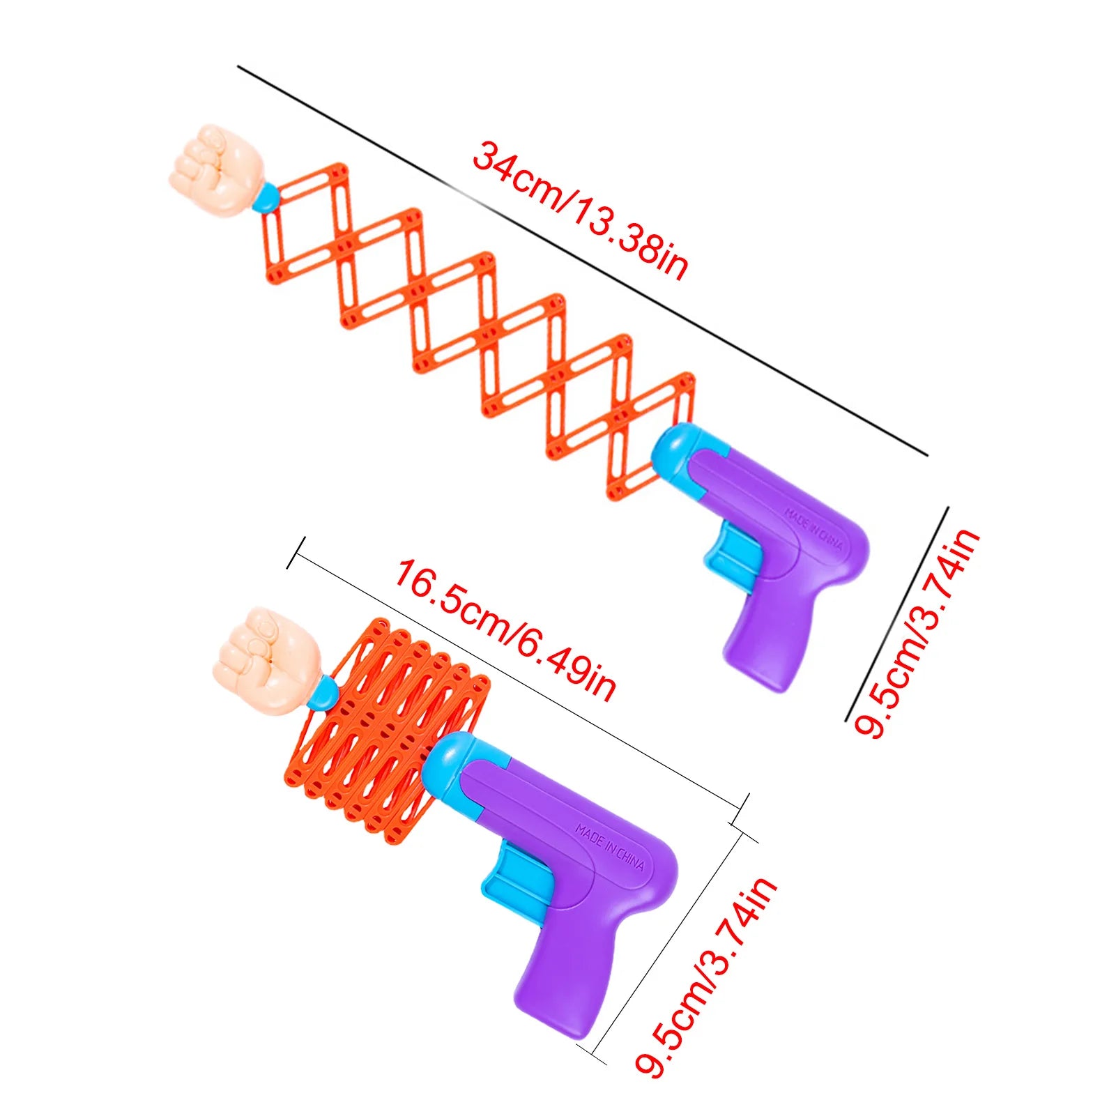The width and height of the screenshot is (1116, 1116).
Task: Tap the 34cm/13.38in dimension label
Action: pos(581,210)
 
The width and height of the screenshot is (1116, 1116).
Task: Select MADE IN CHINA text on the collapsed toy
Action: pos(610,848)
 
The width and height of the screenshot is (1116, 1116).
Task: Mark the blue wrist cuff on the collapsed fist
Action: pos(322,694)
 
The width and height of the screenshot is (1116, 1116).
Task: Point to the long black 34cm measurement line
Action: pos(583,261)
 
